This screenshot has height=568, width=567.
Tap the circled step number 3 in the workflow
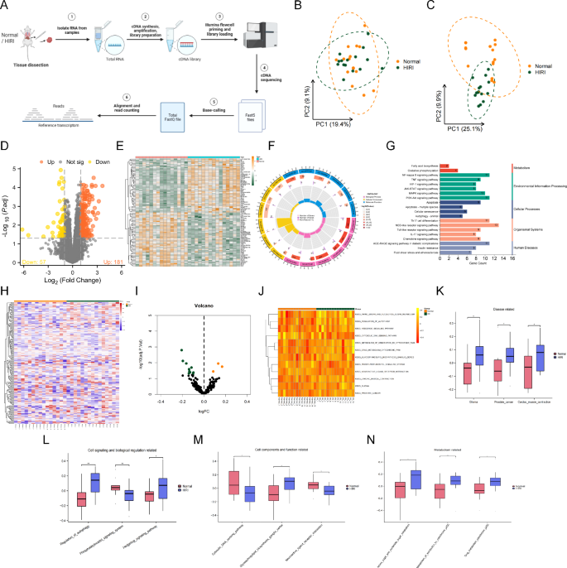pyautogui.click(x=243, y=16)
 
